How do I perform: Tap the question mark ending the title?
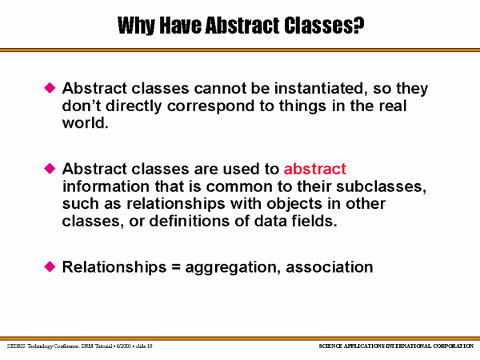coord(358,25)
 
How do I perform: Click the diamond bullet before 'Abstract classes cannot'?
coord(50,88)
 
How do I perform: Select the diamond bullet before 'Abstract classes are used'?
coord(50,168)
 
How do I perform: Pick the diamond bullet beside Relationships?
coord(50,266)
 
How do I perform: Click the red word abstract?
coord(315,169)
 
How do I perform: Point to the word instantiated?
coord(321,89)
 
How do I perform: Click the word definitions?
coord(189,221)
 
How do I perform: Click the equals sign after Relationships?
coord(176,267)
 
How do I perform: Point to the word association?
coord(330,267)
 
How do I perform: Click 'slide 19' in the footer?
coord(144,346)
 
